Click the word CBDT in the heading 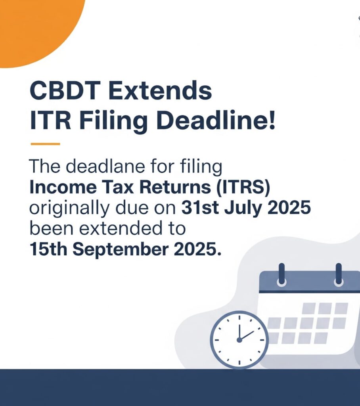65,90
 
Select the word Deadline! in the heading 215,121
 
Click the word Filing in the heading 113,122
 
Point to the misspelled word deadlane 105,166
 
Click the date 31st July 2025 246,208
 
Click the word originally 69,209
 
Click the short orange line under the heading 45,144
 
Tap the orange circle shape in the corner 36,29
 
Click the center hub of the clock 239,340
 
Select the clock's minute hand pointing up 239,332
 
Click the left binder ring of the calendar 281,275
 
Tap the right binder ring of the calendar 339,275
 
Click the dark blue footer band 180,387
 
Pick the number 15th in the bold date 48,249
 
